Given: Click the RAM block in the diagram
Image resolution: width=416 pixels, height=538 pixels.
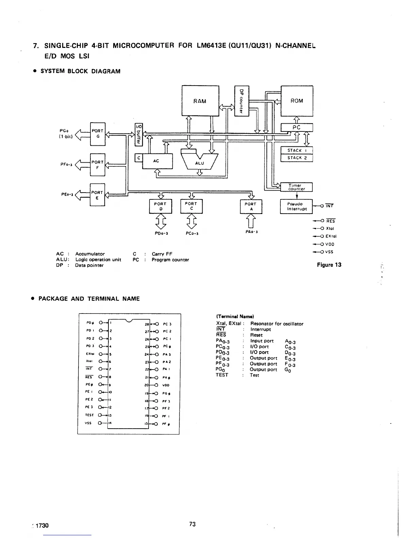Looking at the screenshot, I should pyautogui.click(x=200, y=101).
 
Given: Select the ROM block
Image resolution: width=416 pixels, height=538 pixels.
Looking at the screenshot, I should pyautogui.click(x=297, y=101).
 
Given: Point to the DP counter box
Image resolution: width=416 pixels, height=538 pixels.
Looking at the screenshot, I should pyautogui.click(x=242, y=101).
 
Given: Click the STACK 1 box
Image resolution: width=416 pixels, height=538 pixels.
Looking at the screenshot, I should pyautogui.click(x=296, y=150).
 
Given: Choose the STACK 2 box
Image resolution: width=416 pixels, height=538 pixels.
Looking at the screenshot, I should pyautogui.click(x=296, y=158).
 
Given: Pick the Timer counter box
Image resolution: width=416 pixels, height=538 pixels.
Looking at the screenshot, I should pyautogui.click(x=296, y=187).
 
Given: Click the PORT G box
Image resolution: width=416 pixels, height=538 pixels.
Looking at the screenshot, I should pyautogui.click(x=98, y=133).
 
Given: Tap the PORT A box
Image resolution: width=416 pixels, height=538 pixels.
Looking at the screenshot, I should pyautogui.click(x=251, y=207).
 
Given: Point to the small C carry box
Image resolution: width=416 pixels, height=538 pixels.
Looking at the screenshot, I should pyautogui.click(x=138, y=158).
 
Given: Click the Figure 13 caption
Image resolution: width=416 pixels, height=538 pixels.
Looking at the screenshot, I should pyautogui.click(x=329, y=265).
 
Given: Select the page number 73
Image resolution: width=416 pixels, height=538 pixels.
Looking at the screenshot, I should pyautogui.click(x=192, y=524).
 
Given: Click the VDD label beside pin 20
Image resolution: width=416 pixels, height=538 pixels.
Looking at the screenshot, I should pyautogui.click(x=166, y=385).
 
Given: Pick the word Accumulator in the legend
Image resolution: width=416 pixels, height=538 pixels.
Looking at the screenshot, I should pyautogui.click(x=90, y=254).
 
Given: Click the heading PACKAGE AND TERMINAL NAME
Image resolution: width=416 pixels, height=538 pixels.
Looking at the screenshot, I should pyautogui.click(x=89, y=299).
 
